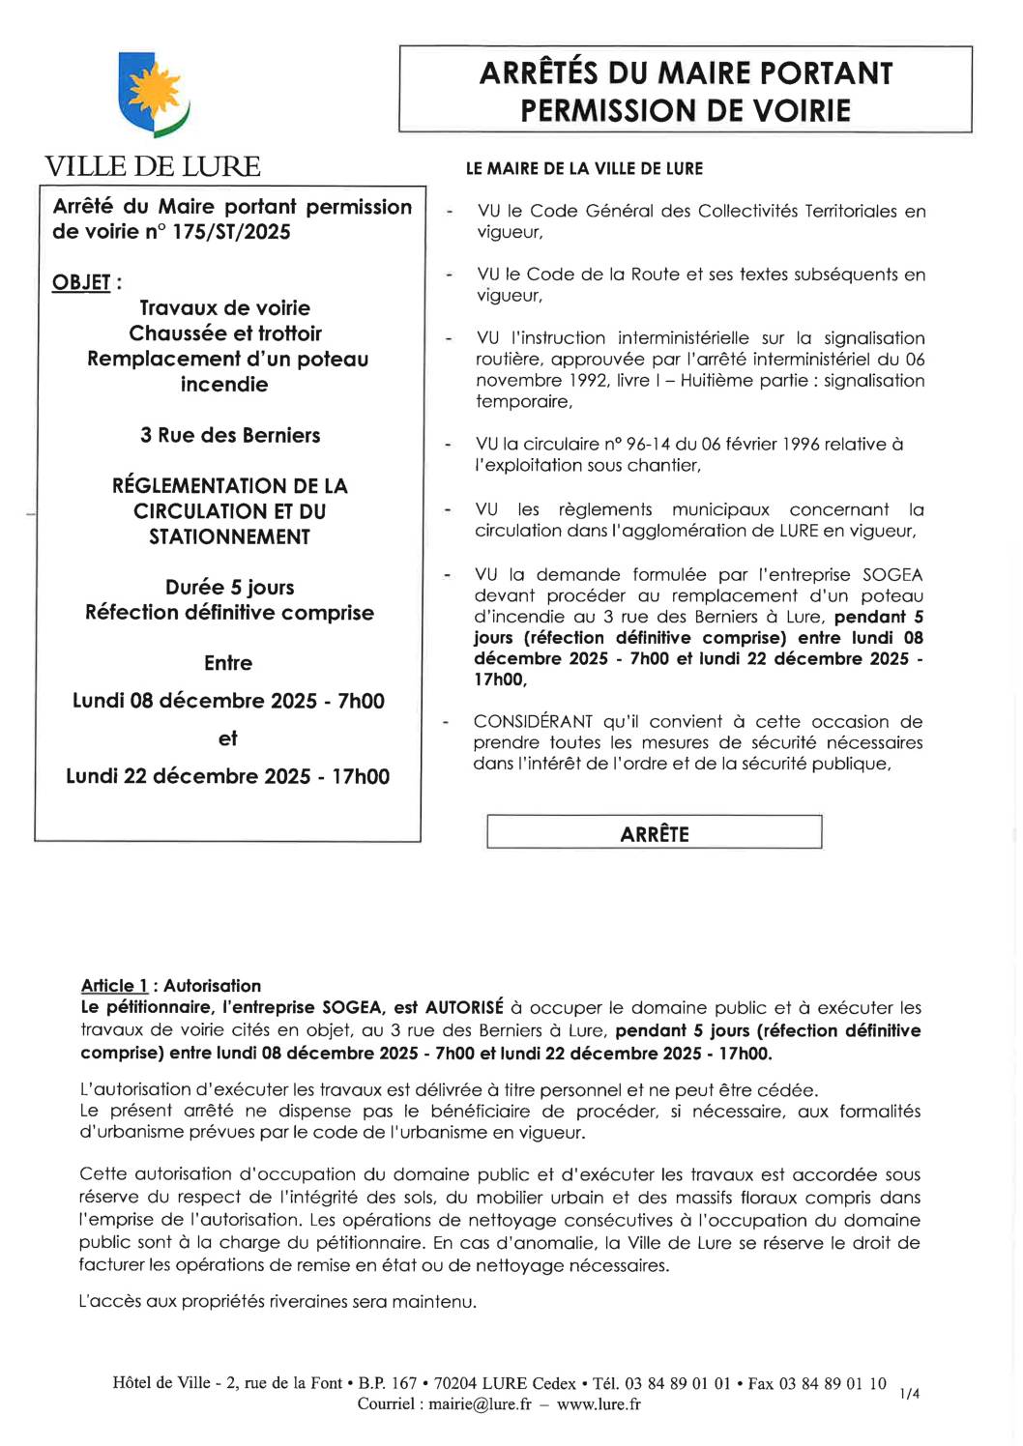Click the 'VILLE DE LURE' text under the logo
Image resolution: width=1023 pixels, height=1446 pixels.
(153, 166)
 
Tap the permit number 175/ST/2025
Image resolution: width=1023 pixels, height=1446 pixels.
(231, 232)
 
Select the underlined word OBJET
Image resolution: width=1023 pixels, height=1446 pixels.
(81, 282)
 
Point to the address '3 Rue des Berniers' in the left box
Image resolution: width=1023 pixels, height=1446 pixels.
(230, 435)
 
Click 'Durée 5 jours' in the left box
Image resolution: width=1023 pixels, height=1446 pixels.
(230, 588)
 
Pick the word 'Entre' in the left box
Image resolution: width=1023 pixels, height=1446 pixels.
(228, 663)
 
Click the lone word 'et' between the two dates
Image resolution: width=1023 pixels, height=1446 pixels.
(228, 738)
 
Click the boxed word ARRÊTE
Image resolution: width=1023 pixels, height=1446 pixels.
(655, 833)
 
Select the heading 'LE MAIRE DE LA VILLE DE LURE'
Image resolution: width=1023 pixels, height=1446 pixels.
(584, 168)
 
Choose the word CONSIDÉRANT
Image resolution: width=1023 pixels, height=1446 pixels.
(533, 722)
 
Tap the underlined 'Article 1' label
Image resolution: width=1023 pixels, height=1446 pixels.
(114, 986)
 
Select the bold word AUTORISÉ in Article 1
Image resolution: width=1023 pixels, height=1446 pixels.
(464, 1008)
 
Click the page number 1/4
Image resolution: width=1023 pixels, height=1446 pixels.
(909, 1393)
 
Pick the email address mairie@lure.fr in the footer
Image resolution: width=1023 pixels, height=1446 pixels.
(480, 1404)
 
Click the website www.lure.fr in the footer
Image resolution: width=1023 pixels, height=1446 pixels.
(599, 1404)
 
